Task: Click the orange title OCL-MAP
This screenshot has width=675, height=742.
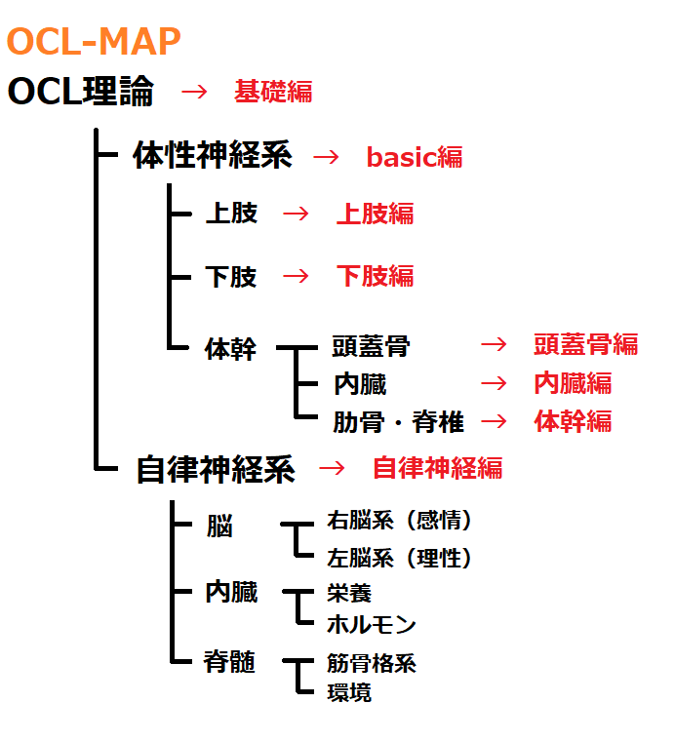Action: [94, 41]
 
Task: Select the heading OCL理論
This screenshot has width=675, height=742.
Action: [81, 92]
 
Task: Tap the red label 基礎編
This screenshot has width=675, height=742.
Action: [273, 92]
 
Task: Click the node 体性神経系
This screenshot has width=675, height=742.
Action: [213, 156]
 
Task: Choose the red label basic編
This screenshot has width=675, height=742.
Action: [415, 157]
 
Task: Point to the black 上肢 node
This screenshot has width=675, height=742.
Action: [231, 214]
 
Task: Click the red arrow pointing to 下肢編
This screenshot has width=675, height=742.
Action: [295, 276]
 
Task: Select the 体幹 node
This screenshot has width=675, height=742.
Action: [230, 348]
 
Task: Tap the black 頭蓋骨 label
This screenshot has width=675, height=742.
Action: [371, 346]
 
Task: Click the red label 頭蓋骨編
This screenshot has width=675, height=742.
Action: [585, 344]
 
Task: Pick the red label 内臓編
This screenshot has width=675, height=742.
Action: [573, 383]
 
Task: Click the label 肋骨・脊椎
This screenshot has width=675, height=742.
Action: [398, 422]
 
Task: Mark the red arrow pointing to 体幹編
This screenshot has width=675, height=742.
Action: [495, 421]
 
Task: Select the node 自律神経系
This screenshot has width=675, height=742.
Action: [215, 469]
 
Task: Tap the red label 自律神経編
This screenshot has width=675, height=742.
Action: [437, 468]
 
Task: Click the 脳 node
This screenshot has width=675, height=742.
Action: [219, 527]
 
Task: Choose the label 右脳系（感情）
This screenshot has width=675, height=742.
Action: [400, 521]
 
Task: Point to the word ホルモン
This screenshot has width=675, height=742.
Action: [372, 625]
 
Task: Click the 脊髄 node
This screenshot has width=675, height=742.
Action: [229, 662]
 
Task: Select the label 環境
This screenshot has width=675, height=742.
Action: [349, 693]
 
